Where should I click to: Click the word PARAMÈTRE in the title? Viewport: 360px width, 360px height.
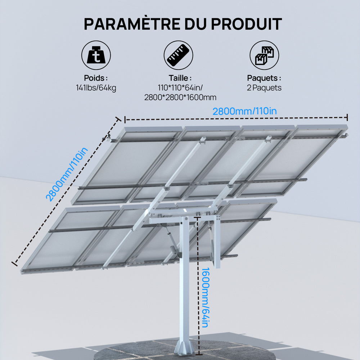click(x=132, y=23)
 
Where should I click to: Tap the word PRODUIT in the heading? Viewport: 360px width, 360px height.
click(x=246, y=24)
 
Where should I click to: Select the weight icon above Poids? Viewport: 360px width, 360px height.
click(x=96, y=55)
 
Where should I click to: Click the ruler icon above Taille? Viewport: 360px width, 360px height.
click(x=179, y=55)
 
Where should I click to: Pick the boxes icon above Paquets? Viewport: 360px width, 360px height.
click(x=264, y=55)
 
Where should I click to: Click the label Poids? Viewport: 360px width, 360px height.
click(x=96, y=78)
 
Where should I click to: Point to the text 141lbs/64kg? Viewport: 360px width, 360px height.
click(x=96, y=88)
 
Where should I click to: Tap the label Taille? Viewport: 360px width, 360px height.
click(x=180, y=78)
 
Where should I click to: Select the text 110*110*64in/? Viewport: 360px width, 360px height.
click(x=180, y=88)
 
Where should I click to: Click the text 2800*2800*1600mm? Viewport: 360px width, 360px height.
click(x=180, y=98)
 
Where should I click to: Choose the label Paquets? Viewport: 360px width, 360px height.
click(x=264, y=78)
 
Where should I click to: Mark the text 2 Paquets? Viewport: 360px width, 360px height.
click(x=264, y=88)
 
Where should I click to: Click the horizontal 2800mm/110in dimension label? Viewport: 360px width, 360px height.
click(x=244, y=111)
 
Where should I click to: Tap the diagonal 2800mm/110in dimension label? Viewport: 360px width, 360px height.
click(x=67, y=175)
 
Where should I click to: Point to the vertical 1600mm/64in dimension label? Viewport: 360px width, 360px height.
click(x=205, y=297)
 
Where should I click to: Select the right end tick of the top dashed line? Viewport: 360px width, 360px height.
click(x=347, y=117)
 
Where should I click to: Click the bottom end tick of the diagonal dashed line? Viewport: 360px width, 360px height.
click(x=14, y=263)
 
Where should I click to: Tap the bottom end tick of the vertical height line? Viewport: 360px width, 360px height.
click(x=199, y=354)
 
